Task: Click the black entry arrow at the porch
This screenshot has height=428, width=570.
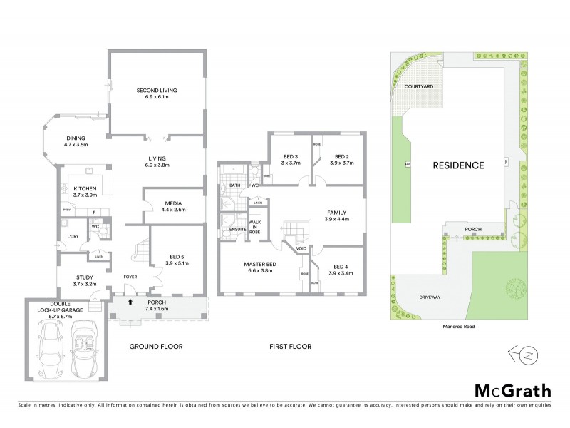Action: click(129, 302)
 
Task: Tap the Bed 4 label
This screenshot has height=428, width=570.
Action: click(341, 269)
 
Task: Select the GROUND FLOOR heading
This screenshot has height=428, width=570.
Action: click(155, 347)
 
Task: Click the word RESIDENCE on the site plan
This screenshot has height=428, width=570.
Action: click(458, 165)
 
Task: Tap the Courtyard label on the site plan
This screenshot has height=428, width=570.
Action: click(419, 86)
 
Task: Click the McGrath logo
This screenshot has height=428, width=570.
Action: click(512, 389)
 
